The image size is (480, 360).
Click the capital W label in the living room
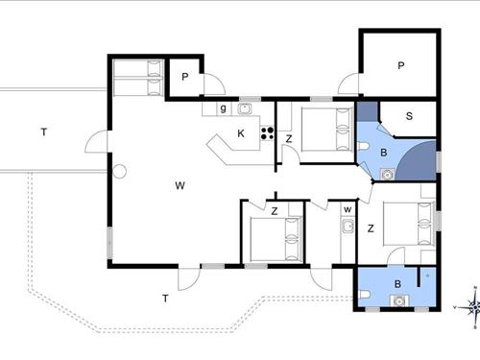tap(180, 185)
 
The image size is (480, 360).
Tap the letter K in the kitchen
tap(241, 133)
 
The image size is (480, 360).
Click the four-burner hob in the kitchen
tap(267, 133)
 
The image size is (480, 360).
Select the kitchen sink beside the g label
tap(245, 108)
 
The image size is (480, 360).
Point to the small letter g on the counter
tap(223, 108)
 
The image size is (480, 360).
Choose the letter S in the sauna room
tap(409, 116)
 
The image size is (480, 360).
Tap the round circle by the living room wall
tap(119, 171)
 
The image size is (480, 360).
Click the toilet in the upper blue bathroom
tap(363, 147)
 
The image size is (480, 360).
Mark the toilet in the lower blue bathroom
tap(364, 295)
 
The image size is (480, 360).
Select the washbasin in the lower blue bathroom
tap(398, 301)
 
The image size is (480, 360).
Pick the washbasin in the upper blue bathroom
tap(387, 175)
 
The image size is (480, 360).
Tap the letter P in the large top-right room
tap(400, 65)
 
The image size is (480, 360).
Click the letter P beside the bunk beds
tap(184, 77)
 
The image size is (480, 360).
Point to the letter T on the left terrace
tap(44, 132)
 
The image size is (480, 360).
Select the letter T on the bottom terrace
tap(165, 299)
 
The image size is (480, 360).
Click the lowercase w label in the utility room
tap(348, 210)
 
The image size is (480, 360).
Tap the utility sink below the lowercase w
tap(348, 227)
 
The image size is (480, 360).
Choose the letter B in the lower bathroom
tap(397, 284)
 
